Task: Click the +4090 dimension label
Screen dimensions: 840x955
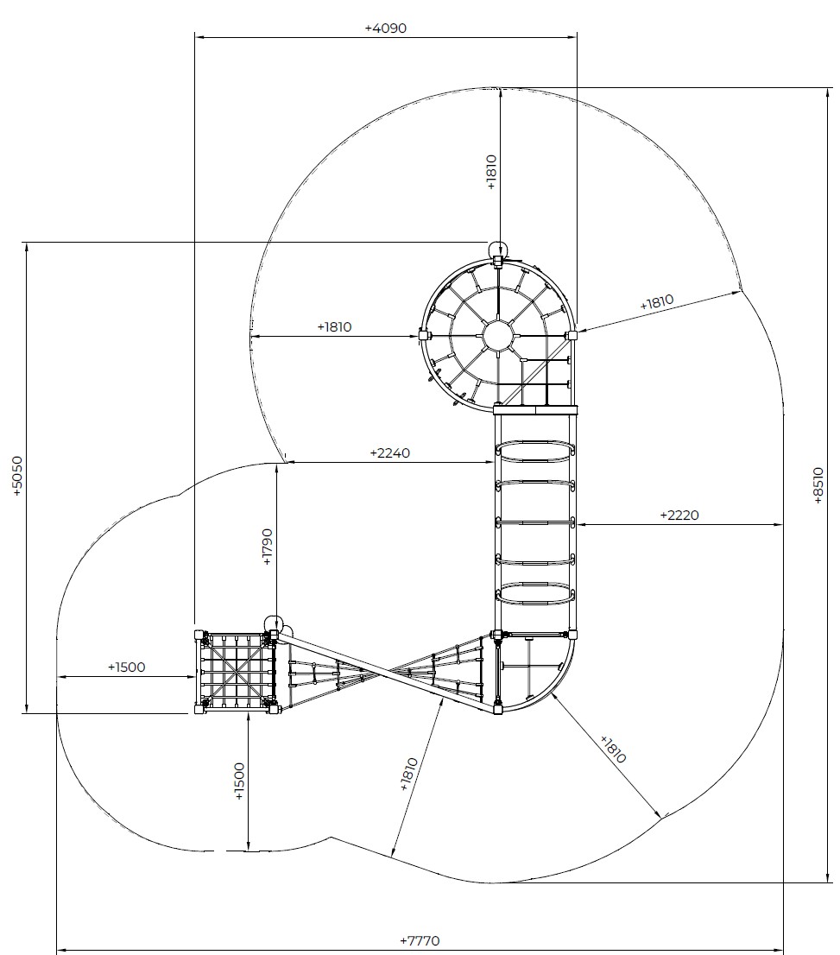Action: point(385,28)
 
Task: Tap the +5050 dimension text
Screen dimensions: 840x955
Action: point(17,477)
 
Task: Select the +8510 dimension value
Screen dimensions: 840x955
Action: point(818,485)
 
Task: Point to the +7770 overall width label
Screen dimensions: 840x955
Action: point(420,941)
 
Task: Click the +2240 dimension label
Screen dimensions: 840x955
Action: point(390,453)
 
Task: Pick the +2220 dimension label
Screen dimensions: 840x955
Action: point(679,515)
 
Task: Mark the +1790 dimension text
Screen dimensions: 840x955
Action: point(268,547)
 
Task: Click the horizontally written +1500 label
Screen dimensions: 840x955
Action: point(127,667)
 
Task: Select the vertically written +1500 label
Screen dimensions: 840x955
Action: point(239,781)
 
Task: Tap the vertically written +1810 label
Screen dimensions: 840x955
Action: point(492,173)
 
